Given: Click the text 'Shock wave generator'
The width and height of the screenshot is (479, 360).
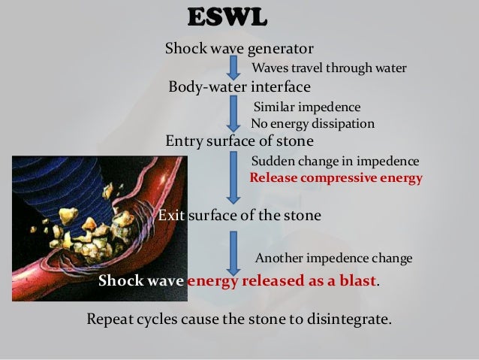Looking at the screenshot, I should click(x=239, y=49).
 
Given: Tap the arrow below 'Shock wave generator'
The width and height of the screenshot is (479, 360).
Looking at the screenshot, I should click(x=233, y=67).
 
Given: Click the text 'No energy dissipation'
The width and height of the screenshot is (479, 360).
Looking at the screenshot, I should click(x=312, y=124).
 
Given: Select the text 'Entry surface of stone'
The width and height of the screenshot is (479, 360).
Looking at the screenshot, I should click(x=239, y=141).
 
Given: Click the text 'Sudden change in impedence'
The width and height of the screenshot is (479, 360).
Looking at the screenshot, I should click(x=335, y=162).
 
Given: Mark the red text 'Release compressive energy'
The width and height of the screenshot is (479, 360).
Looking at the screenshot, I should click(x=336, y=179).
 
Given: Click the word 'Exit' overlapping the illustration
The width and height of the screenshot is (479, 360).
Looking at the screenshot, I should click(x=170, y=216).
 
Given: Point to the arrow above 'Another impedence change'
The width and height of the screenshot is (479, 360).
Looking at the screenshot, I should click(x=233, y=250).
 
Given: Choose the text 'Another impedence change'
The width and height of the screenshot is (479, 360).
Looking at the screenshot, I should click(x=333, y=259).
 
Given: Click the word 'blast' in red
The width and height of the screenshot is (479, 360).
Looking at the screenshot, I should click(x=356, y=282).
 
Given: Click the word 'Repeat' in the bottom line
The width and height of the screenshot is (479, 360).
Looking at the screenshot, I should click(x=111, y=319).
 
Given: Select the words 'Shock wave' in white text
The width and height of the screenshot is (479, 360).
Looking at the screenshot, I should click(x=141, y=282).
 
